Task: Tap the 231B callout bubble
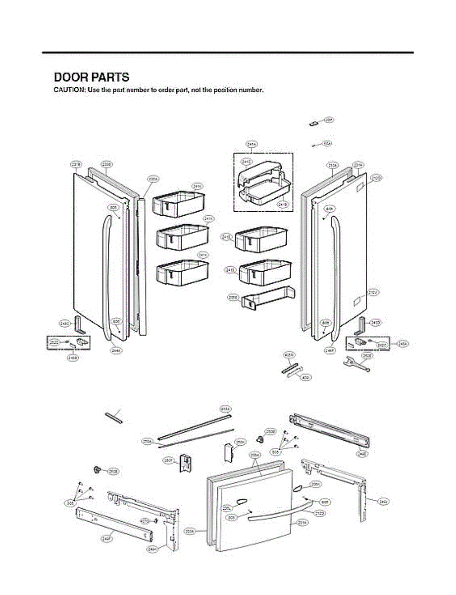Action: [76, 164]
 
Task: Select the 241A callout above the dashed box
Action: [251, 144]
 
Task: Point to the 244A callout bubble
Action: [116, 350]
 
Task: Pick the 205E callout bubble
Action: [233, 297]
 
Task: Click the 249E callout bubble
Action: [362, 453]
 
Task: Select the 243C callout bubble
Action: [64, 323]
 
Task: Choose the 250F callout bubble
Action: [168, 460]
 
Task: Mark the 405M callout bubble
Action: [289, 355]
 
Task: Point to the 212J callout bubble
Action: [373, 293]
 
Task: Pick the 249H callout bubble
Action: [152, 549]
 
